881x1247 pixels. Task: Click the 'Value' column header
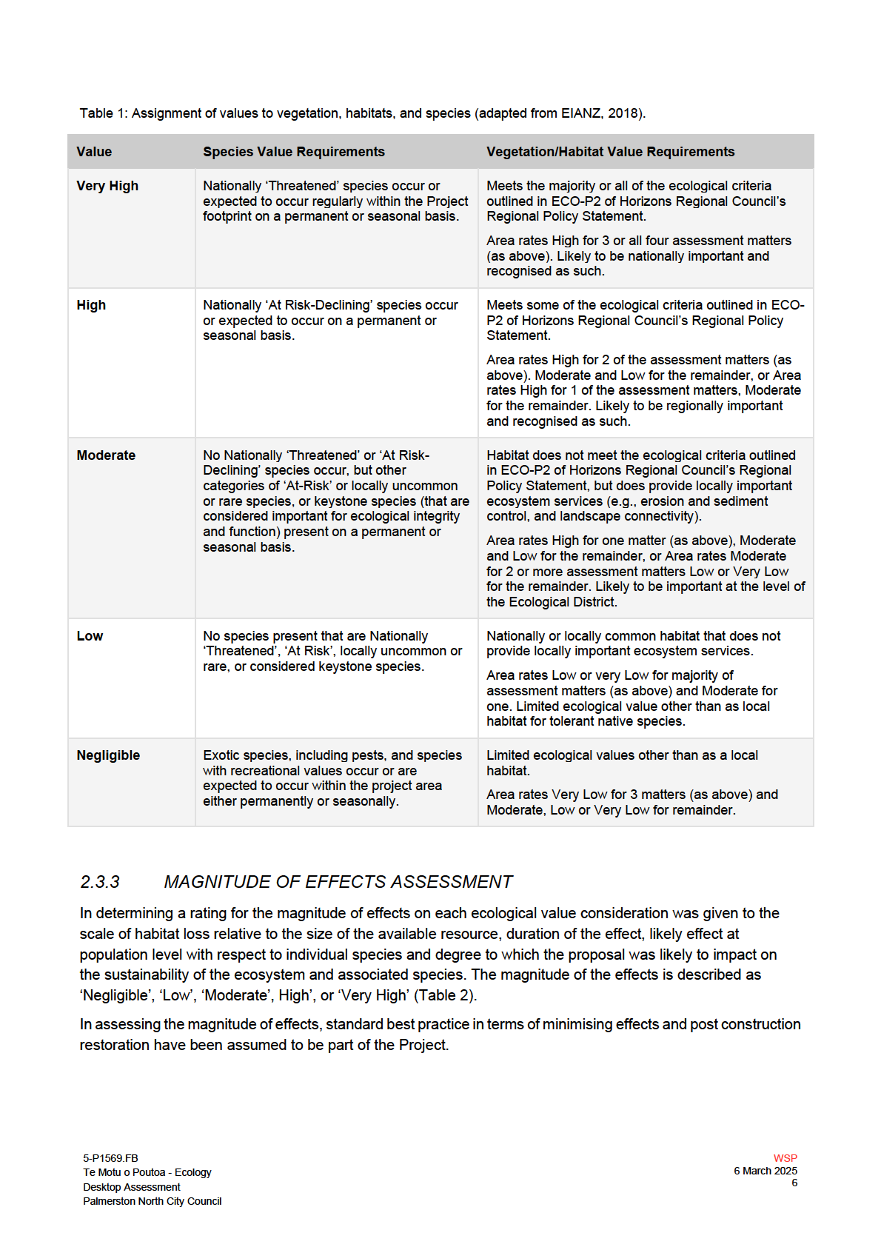(94, 152)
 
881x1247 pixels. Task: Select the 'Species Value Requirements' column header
(294, 152)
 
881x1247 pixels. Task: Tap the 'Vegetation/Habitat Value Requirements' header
(610, 152)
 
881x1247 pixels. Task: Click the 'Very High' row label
(107, 186)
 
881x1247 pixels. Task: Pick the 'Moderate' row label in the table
(106, 455)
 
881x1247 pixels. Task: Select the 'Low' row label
(90, 636)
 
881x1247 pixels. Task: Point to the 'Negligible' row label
(108, 755)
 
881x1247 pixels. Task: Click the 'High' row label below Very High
(91, 305)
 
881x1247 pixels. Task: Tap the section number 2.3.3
(100, 882)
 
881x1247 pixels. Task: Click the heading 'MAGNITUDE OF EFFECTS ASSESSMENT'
(338, 882)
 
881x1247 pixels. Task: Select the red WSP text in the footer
(785, 1158)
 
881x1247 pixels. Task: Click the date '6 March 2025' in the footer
(766, 1171)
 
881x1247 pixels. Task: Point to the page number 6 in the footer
(794, 1183)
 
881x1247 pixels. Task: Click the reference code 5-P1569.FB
(110, 1158)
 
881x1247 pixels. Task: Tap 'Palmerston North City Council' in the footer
(152, 1201)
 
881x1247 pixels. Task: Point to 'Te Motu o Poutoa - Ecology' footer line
(147, 1172)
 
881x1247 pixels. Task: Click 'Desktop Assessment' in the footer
(131, 1187)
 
